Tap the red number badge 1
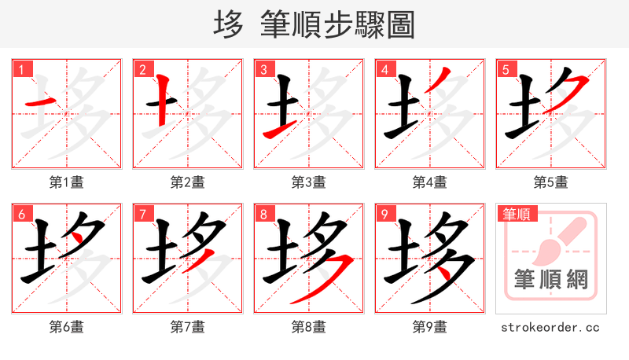tap(20, 69)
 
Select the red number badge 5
tap(505, 69)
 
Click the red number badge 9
tap(384, 214)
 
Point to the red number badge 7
tap(142, 214)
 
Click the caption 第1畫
tap(67, 182)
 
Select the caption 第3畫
tap(309, 182)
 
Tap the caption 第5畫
tap(551, 182)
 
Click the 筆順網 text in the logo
tap(550, 280)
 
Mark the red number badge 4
tap(384, 69)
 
